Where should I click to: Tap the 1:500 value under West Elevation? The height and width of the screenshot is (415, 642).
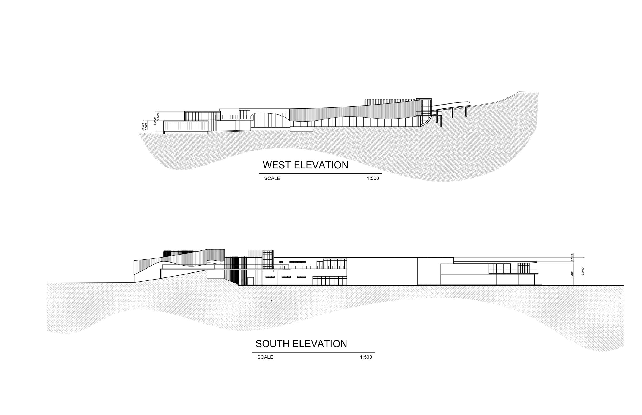pos(373,178)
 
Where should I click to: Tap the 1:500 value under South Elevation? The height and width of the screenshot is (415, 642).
pos(366,357)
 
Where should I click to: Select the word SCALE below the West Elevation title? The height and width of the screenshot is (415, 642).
pos(272,178)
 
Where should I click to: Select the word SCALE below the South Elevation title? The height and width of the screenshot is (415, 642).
pos(265,357)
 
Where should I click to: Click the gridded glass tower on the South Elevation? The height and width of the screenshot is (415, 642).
pos(268,259)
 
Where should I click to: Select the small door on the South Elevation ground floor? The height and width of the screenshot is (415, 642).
pos(251,281)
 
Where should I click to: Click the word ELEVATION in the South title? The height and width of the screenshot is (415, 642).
pos(320,344)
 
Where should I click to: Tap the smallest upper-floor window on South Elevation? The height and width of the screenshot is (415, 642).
pos(281,262)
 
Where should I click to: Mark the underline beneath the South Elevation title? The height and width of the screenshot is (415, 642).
pos(313,352)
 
